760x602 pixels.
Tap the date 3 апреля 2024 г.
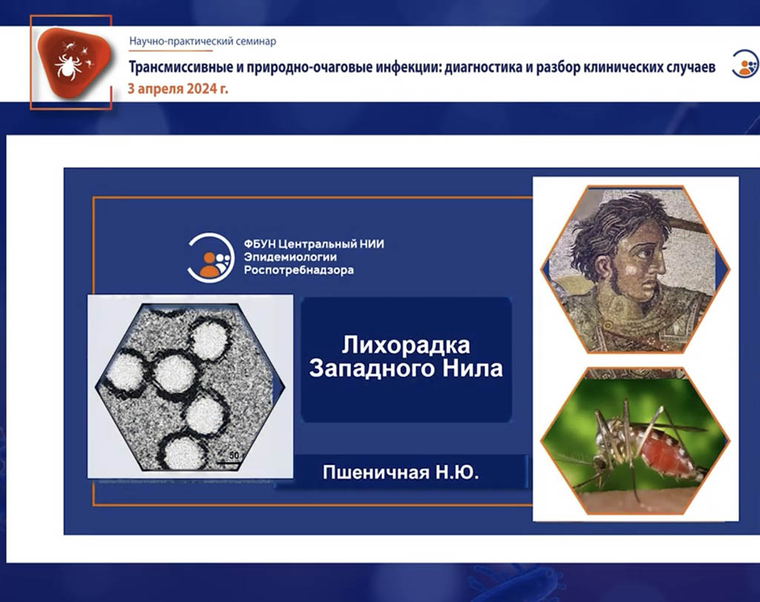(177, 89)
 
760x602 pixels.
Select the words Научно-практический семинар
(203, 42)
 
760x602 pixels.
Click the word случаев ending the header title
(689, 67)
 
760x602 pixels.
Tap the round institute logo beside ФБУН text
(211, 257)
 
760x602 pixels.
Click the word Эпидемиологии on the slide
(290, 257)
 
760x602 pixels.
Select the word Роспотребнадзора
(298, 270)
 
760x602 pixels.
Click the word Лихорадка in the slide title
(406, 346)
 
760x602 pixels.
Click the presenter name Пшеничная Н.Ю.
(401, 472)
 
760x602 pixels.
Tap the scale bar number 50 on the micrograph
(234, 455)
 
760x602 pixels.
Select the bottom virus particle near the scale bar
(183, 452)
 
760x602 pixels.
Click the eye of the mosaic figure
(645, 253)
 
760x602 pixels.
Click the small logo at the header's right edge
(745, 64)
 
